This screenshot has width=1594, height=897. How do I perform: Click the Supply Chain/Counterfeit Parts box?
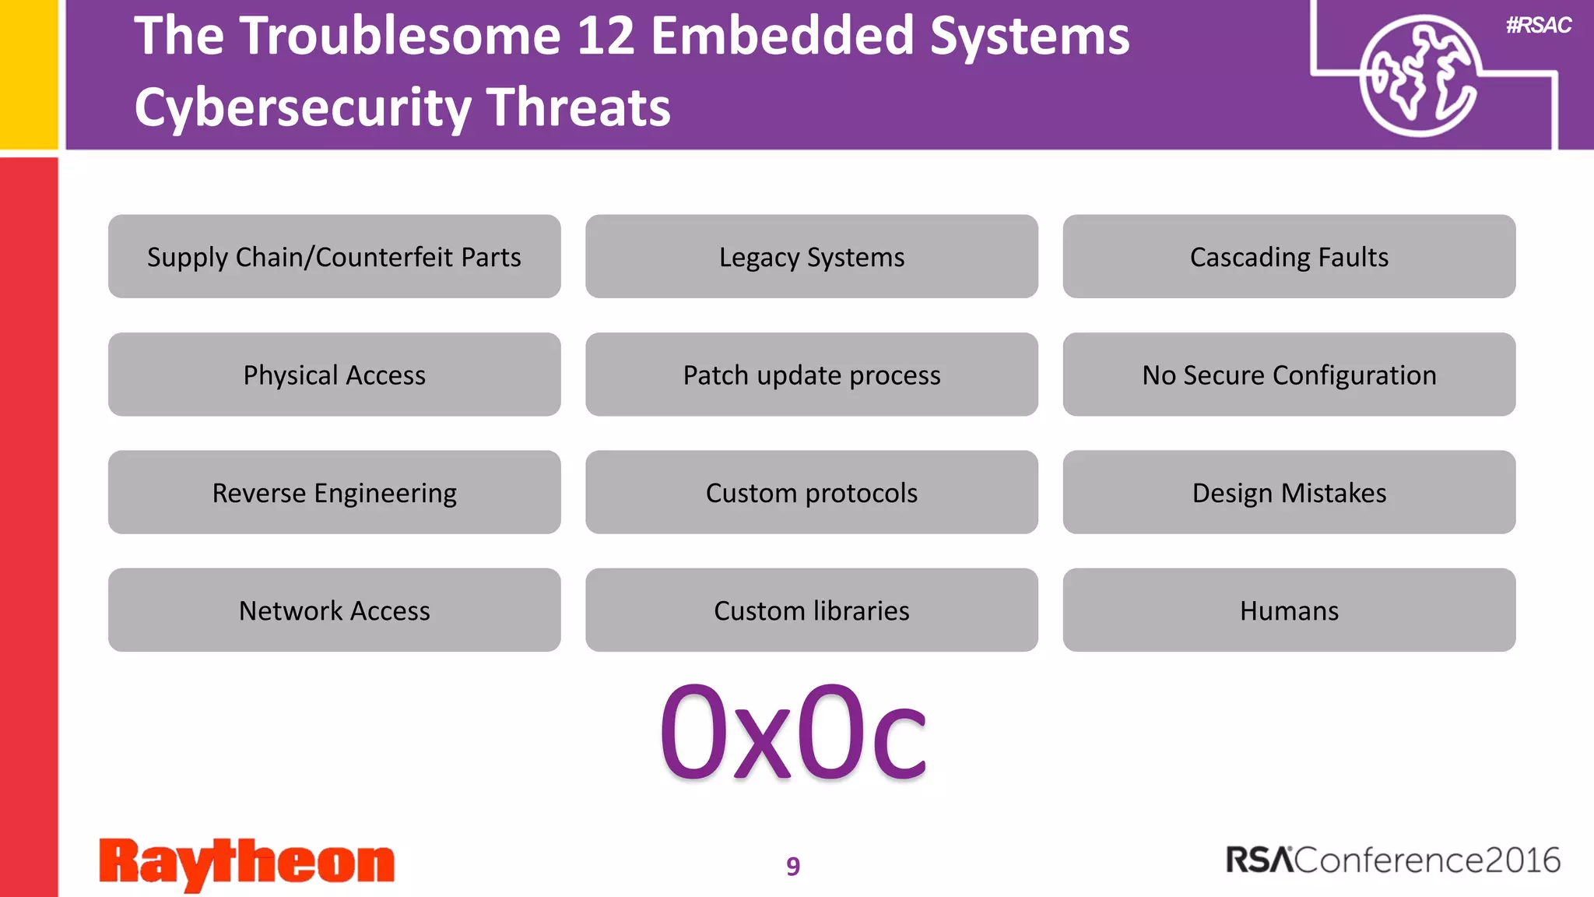click(x=334, y=257)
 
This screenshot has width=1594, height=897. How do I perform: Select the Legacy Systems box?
click(x=811, y=257)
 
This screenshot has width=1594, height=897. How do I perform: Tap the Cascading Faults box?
click(x=1289, y=257)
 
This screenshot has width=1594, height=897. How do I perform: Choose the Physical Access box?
click(x=334, y=375)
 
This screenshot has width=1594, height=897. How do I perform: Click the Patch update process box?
click(x=811, y=375)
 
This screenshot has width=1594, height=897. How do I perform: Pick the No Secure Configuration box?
click(x=1289, y=375)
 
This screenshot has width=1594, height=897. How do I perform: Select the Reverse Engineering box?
click(x=334, y=492)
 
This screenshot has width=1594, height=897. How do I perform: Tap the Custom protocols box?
click(x=811, y=492)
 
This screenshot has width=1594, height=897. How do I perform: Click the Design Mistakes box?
click(x=1289, y=492)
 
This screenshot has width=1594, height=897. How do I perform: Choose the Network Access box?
click(x=334, y=610)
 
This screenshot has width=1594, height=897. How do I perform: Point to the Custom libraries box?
click(x=811, y=610)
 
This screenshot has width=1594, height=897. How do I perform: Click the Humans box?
click(x=1289, y=610)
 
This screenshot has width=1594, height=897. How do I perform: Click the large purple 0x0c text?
click(x=792, y=732)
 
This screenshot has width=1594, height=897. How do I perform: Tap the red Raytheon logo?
click(x=247, y=863)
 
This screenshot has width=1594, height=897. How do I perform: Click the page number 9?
click(x=792, y=866)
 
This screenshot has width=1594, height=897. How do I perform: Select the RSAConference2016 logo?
click(x=1392, y=860)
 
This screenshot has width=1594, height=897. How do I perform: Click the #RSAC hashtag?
click(x=1538, y=26)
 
